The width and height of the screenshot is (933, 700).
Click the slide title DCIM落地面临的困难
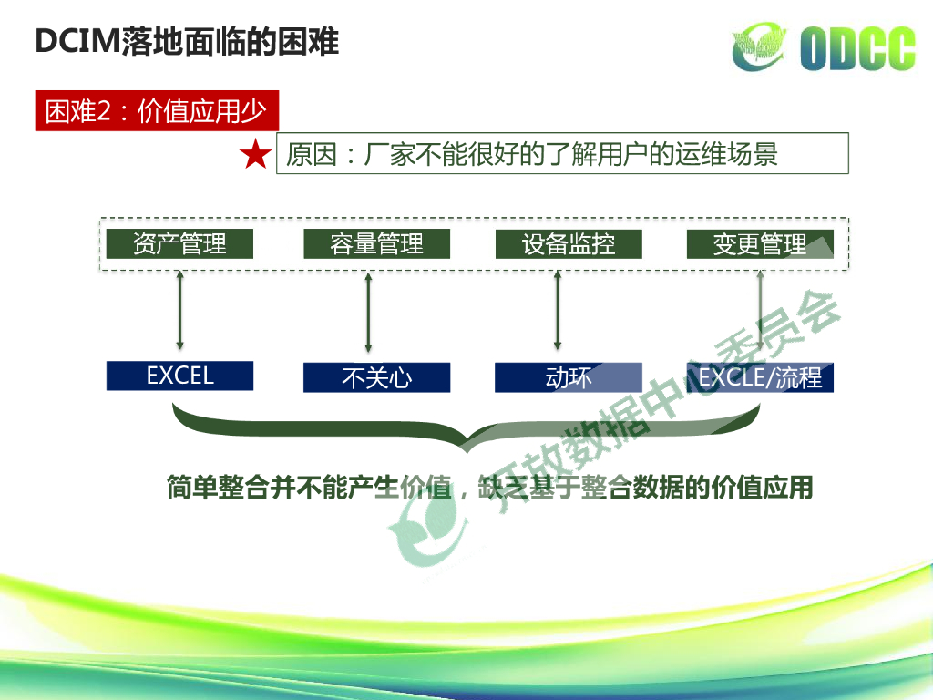(186, 42)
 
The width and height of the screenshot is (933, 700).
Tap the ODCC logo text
(857, 48)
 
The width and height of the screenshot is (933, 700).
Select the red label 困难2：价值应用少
(156, 111)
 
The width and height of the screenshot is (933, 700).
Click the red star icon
(255, 156)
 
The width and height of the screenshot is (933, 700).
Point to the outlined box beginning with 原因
(562, 154)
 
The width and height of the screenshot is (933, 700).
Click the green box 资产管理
(179, 244)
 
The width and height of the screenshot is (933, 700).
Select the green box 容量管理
(376, 244)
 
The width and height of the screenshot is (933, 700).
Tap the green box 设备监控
(569, 244)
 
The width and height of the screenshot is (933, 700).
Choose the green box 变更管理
(760, 244)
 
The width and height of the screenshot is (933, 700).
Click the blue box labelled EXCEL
(179, 376)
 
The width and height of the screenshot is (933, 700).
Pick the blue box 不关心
(376, 377)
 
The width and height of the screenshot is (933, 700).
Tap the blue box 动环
(569, 377)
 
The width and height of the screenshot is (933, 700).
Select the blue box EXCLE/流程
(760, 377)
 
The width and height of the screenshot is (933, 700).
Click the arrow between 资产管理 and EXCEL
(179, 310)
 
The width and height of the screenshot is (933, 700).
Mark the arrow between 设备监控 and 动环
(558, 310)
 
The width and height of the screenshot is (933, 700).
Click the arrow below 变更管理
(761, 310)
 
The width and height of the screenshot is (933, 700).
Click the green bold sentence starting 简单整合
(488, 488)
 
